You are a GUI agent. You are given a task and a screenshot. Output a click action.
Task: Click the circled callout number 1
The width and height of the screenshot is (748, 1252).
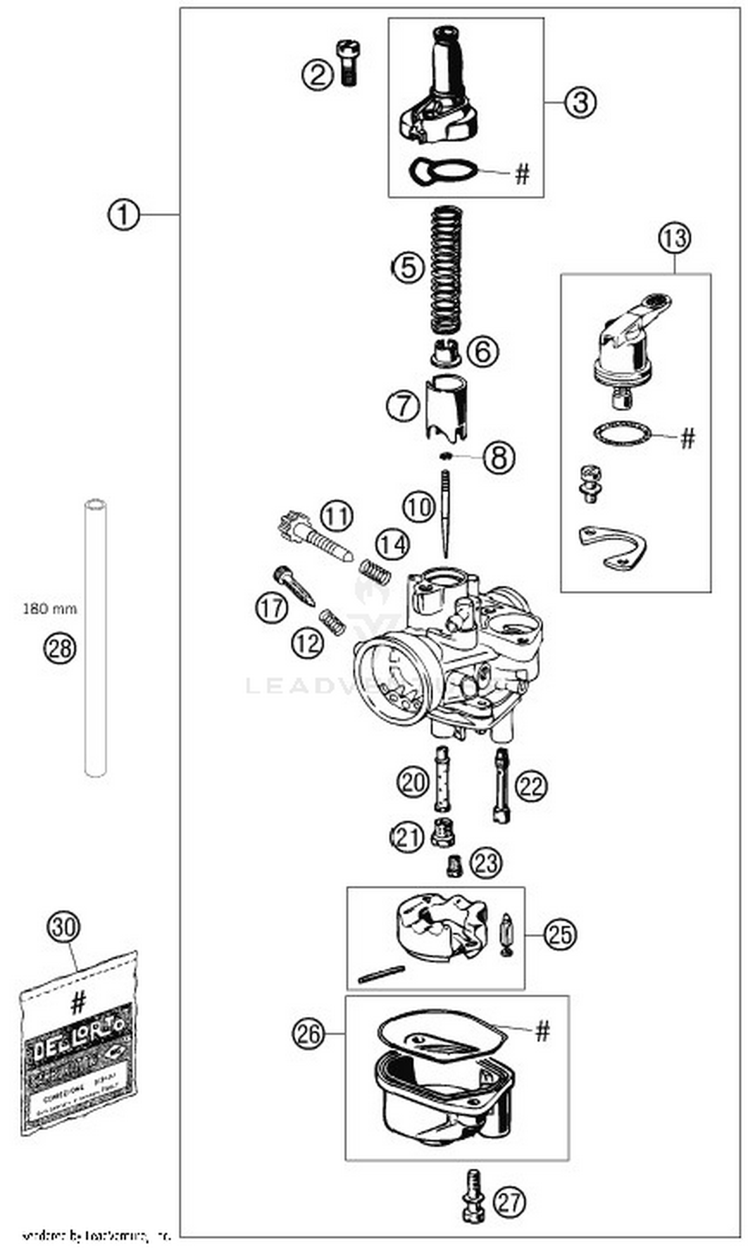point(123,215)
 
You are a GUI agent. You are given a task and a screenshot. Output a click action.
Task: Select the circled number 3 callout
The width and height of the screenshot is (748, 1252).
point(579,102)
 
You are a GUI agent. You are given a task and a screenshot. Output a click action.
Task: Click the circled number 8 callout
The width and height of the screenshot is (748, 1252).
point(499,458)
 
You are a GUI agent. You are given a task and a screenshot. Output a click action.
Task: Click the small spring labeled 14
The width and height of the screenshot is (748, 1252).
point(375,572)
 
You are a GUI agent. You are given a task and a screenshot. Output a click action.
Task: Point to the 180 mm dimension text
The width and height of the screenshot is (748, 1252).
point(50,609)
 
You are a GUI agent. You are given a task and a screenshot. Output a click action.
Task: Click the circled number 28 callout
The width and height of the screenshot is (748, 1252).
point(59,648)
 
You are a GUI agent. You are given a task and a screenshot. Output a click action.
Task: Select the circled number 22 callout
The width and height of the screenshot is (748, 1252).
point(531,786)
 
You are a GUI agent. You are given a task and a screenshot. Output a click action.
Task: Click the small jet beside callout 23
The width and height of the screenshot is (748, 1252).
point(455,866)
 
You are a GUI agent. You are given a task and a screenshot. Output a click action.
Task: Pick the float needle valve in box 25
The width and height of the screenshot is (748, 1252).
point(506,934)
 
